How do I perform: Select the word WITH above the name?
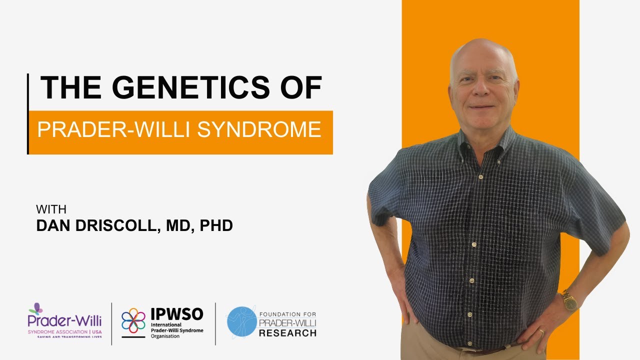[x=51, y=209]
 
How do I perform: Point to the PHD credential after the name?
[x=216, y=225]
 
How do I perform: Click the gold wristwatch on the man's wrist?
[x=569, y=300]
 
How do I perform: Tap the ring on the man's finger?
[x=541, y=331]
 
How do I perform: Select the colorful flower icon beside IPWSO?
[x=133, y=320]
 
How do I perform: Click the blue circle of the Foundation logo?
[x=241, y=321]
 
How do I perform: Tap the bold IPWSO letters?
[x=177, y=314]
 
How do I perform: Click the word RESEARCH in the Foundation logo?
[x=287, y=333]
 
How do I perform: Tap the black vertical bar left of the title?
[x=28, y=113]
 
